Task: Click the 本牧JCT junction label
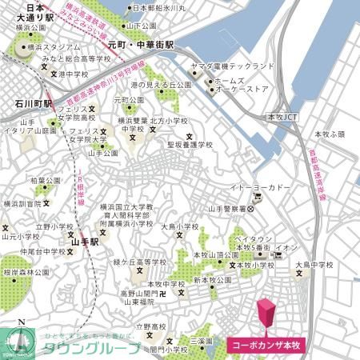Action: [x=281, y=116]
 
